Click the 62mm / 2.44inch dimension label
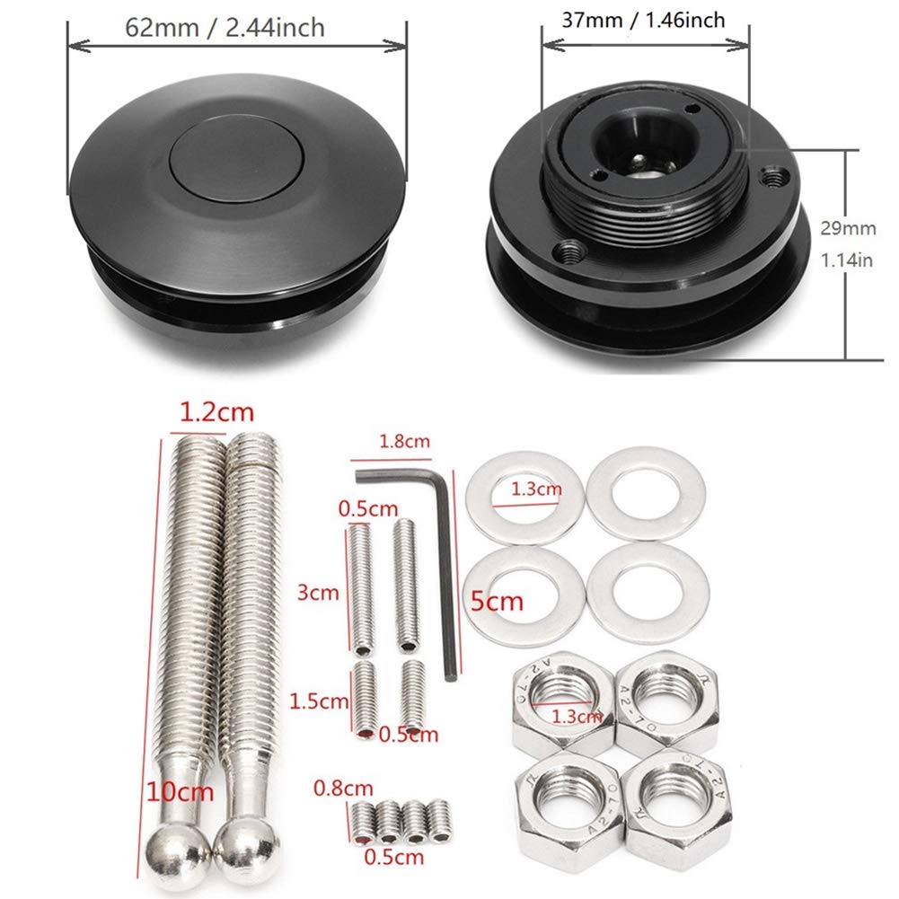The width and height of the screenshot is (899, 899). tap(225, 28)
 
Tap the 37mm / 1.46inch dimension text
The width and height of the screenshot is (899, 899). tap(643, 20)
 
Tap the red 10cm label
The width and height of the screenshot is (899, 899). tap(181, 792)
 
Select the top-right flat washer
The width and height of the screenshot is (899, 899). tap(645, 493)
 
